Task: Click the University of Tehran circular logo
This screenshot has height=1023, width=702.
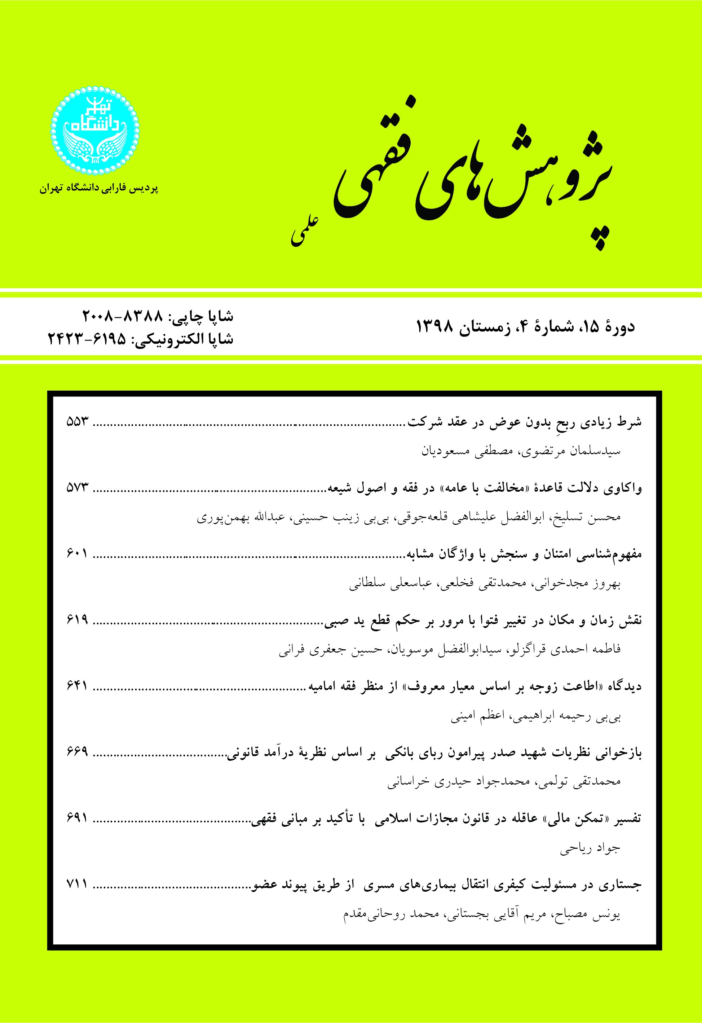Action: click(x=94, y=131)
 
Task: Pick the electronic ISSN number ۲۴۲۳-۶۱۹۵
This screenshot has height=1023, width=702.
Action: click(x=87, y=339)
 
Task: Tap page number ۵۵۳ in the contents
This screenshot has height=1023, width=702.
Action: click(x=78, y=422)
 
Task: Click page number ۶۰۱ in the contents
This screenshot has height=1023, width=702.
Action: click(x=78, y=553)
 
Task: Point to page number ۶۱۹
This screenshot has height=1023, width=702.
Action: click(x=78, y=619)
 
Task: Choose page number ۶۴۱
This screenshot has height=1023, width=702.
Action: click(x=78, y=685)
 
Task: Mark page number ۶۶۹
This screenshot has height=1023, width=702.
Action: click(x=78, y=751)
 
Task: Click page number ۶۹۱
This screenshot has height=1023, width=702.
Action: click(x=78, y=817)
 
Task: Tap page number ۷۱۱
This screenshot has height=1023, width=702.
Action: click(x=78, y=883)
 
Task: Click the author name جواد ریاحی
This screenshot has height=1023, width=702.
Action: click(x=590, y=847)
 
